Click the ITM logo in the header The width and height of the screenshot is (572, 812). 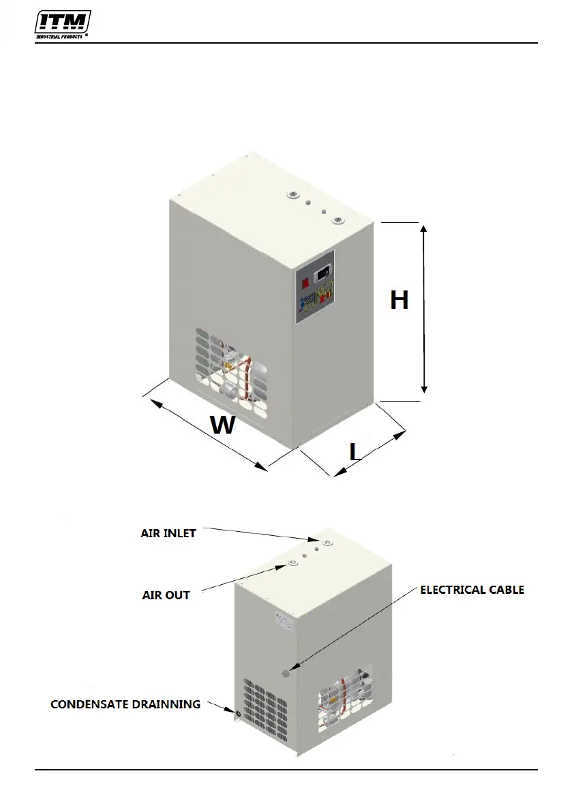pyautogui.click(x=63, y=22)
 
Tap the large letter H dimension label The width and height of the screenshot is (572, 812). pyautogui.click(x=399, y=300)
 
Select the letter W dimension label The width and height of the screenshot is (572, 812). pyautogui.click(x=222, y=425)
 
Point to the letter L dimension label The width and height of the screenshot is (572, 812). pyautogui.click(x=355, y=451)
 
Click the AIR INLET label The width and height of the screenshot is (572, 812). pyautogui.click(x=168, y=533)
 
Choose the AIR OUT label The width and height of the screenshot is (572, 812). pyautogui.click(x=166, y=595)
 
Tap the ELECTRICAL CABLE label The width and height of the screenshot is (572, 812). pyautogui.click(x=472, y=590)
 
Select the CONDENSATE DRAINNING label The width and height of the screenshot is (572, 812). pyautogui.click(x=125, y=704)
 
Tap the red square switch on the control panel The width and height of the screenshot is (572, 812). pyautogui.click(x=305, y=279)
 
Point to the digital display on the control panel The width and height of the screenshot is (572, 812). pyautogui.click(x=323, y=274)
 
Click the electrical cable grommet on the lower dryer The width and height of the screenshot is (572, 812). pyautogui.click(x=286, y=674)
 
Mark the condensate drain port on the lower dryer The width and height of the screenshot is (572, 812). pyautogui.click(x=239, y=714)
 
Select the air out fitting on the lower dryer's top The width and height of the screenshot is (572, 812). pyautogui.click(x=292, y=562)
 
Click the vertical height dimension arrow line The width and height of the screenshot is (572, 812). pyautogui.click(x=424, y=308)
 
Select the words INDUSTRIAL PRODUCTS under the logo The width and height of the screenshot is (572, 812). pyautogui.click(x=59, y=37)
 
